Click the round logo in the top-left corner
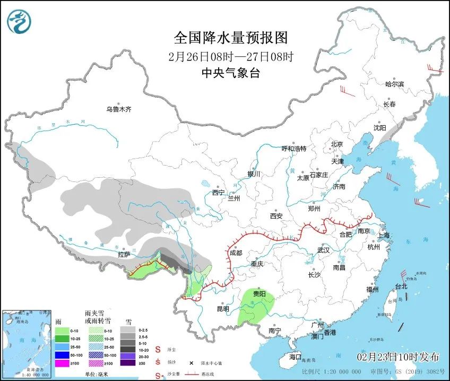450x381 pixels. coord(19,22)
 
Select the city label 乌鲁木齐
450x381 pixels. coord(118,109)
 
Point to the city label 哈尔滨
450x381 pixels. coord(394,84)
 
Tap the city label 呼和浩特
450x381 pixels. coord(293,149)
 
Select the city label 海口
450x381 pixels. coord(295,357)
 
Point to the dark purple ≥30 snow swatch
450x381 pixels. coord(127,363)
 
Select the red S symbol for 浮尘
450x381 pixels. coord(158,350)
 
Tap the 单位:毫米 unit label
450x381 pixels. coord(99,375)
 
